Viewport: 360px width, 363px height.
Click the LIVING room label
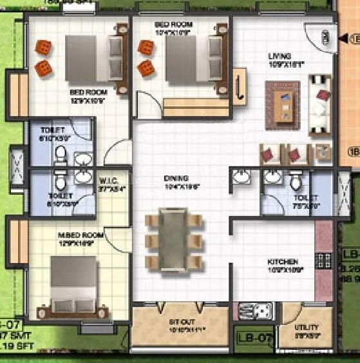[x=279, y=56]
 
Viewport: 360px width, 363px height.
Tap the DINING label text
[x=175, y=178]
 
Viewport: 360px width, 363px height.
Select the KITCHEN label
[x=283, y=262]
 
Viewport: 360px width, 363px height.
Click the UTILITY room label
[x=307, y=327]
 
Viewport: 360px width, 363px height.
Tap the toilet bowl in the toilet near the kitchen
[x=296, y=181]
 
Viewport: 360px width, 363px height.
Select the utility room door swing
[x=293, y=313]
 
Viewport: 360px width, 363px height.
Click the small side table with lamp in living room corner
[x=321, y=152]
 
